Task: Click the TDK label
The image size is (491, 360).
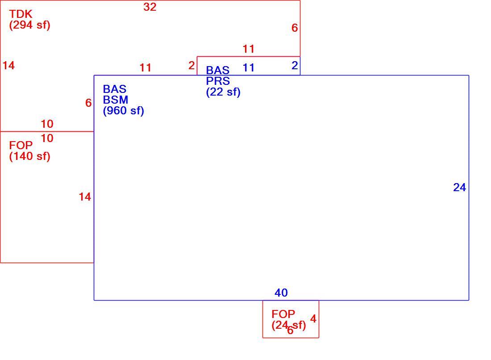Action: click(21, 14)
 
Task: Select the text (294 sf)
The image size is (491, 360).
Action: click(30, 25)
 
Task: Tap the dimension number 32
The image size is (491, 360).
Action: click(150, 7)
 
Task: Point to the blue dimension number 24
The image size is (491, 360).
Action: click(459, 187)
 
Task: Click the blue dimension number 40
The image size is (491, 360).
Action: click(281, 293)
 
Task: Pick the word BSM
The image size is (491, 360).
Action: click(116, 100)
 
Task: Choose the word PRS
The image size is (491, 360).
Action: click(218, 81)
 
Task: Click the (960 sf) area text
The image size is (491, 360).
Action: click(123, 111)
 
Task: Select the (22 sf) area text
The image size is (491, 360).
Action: click(223, 92)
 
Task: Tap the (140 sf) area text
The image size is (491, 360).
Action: click(30, 156)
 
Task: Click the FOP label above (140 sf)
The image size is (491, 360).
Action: click(21, 145)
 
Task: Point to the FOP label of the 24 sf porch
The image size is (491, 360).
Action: click(283, 314)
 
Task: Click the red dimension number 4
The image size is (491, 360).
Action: click(313, 319)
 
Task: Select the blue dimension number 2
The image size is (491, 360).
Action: click(295, 65)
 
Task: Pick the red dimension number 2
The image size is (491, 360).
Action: click(191, 65)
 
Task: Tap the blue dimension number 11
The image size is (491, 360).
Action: click(249, 68)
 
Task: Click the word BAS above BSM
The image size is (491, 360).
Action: click(115, 89)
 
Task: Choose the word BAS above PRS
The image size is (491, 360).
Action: click(218, 70)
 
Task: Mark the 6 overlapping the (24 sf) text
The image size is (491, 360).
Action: click(290, 330)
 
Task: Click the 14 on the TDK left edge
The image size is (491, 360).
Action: click(8, 65)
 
